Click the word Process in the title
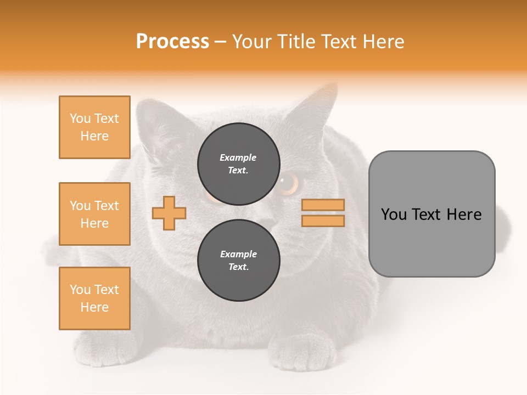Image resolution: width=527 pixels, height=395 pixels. tap(172, 42)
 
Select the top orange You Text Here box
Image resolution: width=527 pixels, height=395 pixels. tap(94, 127)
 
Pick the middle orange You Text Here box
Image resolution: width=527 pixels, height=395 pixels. tap(94, 214)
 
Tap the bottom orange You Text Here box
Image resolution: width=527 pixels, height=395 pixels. tap(94, 298)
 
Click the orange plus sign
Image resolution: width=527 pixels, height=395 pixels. tap(169, 213)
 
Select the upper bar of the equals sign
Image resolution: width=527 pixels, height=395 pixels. tap(323, 205)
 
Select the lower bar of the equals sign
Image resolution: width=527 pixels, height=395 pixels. tap(323, 221)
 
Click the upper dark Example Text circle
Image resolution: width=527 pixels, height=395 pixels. tap(238, 163)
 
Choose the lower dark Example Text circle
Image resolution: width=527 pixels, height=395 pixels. tap(238, 260)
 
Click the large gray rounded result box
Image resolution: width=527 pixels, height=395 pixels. tap(431, 214)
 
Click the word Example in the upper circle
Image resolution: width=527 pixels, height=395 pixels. tap(238, 157)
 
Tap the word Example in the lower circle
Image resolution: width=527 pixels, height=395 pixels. tap(238, 254)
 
